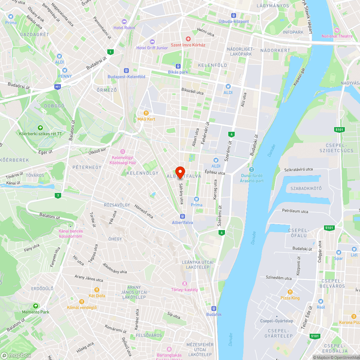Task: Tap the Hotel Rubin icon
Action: coord(124,22)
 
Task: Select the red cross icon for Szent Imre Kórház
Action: coord(188,39)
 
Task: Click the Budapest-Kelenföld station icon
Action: coord(126,71)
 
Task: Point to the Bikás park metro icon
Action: coord(178,66)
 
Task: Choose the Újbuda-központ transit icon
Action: coord(234,15)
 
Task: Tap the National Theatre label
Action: coord(334,36)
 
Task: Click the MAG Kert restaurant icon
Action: coord(146,113)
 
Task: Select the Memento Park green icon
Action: coord(35,306)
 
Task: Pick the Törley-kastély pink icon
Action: coord(185,284)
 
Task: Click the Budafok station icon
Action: coord(214,308)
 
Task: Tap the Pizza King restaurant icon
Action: coord(290,292)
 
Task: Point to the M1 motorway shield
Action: coord(58,87)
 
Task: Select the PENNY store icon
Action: coord(65,70)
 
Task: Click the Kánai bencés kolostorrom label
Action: coord(71,234)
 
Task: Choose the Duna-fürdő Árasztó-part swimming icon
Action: coord(251,170)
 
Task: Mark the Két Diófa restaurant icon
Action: coord(96,289)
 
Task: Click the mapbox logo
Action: coord(16,355)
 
